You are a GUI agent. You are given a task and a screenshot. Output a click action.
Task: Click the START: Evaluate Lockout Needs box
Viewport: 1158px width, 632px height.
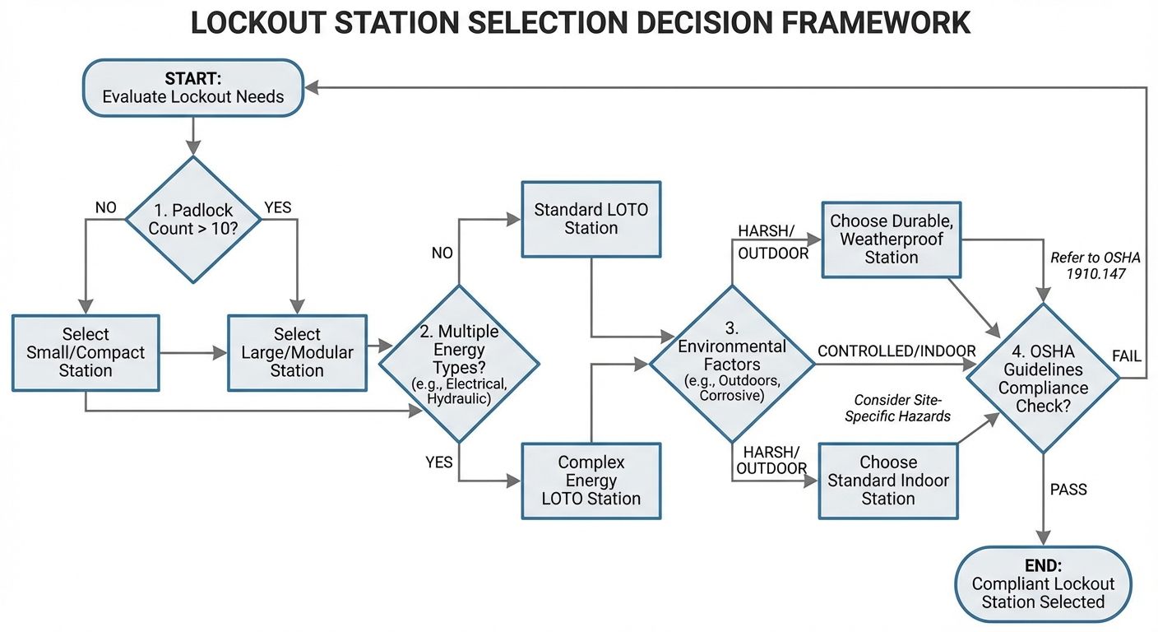tap(193, 88)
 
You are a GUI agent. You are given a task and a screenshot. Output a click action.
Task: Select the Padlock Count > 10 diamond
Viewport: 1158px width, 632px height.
tap(193, 220)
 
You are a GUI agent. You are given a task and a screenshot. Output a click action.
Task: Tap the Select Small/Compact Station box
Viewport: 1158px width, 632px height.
tap(86, 352)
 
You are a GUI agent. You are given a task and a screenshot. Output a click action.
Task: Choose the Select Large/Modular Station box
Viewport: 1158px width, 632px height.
tap(297, 352)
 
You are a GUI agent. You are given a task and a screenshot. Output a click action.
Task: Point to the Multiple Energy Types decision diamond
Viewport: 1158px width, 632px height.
tap(458, 363)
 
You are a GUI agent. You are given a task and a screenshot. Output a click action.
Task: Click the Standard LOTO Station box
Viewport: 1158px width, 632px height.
tap(591, 219)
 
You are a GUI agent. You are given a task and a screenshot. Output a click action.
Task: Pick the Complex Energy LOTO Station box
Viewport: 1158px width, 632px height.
tap(591, 481)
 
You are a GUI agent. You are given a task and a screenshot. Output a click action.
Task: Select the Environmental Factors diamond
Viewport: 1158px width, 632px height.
tap(731, 363)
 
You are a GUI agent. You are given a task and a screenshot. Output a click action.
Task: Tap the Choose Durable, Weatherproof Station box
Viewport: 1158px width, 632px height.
tap(891, 239)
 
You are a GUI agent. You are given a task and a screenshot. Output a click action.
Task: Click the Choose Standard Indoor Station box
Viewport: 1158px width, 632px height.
tap(888, 481)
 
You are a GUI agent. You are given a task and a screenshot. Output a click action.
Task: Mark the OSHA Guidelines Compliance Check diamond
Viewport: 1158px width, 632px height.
tap(1042, 379)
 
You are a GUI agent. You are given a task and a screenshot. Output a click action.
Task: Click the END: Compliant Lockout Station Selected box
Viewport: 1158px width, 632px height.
tap(1043, 584)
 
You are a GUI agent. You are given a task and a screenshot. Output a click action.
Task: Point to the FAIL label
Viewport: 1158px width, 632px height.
tap(1126, 356)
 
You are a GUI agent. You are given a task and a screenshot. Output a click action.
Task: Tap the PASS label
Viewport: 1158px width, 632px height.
tap(1068, 490)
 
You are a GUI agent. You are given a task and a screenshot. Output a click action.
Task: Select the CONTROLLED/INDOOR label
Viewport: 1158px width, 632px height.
tap(896, 351)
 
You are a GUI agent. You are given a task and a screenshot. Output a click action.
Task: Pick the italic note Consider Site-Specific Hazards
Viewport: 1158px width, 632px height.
tap(902, 408)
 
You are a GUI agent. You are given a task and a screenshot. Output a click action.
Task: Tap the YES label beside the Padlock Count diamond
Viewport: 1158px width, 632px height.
tap(277, 207)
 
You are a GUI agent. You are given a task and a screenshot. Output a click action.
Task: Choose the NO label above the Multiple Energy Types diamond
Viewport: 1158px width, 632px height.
tap(442, 253)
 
